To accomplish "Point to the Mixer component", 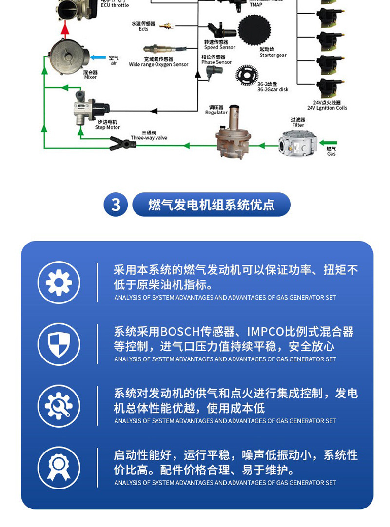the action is tap(68, 55).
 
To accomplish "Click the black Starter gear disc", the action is tap(254, 30).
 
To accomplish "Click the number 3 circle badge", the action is tap(116, 205).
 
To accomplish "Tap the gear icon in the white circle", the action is tap(59, 282).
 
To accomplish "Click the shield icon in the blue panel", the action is tap(59, 344).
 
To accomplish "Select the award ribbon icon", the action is tap(59, 468).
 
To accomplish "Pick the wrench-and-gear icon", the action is tap(59, 406).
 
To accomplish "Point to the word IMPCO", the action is tap(266, 332).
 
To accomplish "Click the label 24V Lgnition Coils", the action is tap(327, 108).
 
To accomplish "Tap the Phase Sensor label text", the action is tap(216, 62).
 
